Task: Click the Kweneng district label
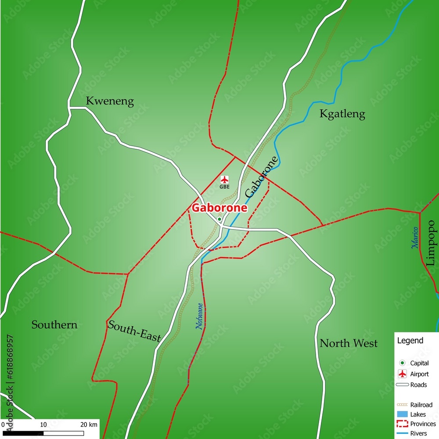(110, 101)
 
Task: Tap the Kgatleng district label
(342, 114)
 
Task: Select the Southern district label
(54, 325)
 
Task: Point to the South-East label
(134, 331)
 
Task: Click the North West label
(348, 343)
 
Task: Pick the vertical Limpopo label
(431, 243)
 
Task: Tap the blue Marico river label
(415, 238)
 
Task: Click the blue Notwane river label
(199, 316)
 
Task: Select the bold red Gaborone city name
(219, 208)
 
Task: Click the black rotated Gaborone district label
(262, 176)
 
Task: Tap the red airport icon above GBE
(224, 180)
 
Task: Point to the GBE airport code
(224, 187)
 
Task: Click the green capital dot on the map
(219, 219)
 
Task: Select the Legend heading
(410, 340)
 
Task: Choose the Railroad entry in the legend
(421, 405)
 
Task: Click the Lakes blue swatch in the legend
(402, 414)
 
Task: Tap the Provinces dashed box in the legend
(402, 424)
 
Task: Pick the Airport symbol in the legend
(402, 374)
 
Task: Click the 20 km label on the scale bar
(89, 425)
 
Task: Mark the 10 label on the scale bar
(43, 425)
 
